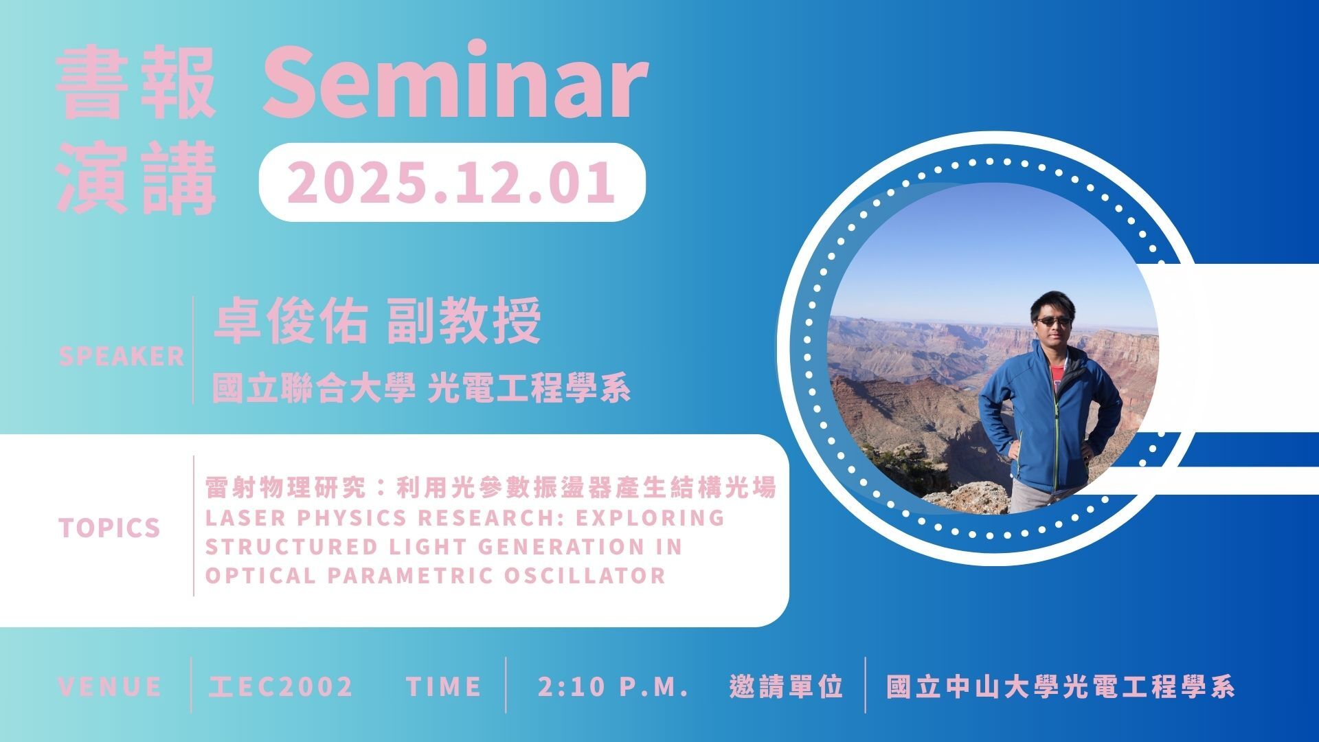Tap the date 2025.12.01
(451, 182)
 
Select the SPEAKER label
(122, 356)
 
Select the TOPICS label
(109, 528)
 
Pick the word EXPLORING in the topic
(650, 517)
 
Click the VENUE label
(110, 686)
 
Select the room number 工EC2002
(280, 686)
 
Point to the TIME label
(443, 686)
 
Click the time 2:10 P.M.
(613, 686)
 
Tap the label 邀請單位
(786, 686)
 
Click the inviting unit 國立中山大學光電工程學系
(1061, 686)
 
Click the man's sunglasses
(1052, 321)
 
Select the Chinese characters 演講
(136, 179)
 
